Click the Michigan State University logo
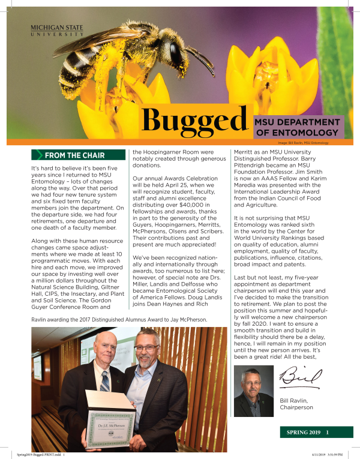[57, 31]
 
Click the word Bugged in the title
[194, 120]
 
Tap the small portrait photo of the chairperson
[254, 392]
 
